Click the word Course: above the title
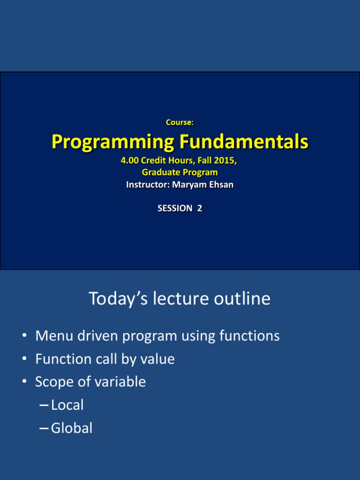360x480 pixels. click(x=180, y=122)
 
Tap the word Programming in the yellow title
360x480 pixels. click(x=111, y=142)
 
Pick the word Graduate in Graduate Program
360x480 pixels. click(x=161, y=172)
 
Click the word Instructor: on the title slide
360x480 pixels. click(x=148, y=185)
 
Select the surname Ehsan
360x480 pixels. click(x=221, y=185)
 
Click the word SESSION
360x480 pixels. click(x=175, y=209)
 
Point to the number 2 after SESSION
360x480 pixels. click(x=199, y=209)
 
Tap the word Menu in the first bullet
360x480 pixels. click(x=50, y=336)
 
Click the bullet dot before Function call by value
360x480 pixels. click(x=24, y=360)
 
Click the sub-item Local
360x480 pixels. click(x=67, y=405)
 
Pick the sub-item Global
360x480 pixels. click(x=72, y=428)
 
